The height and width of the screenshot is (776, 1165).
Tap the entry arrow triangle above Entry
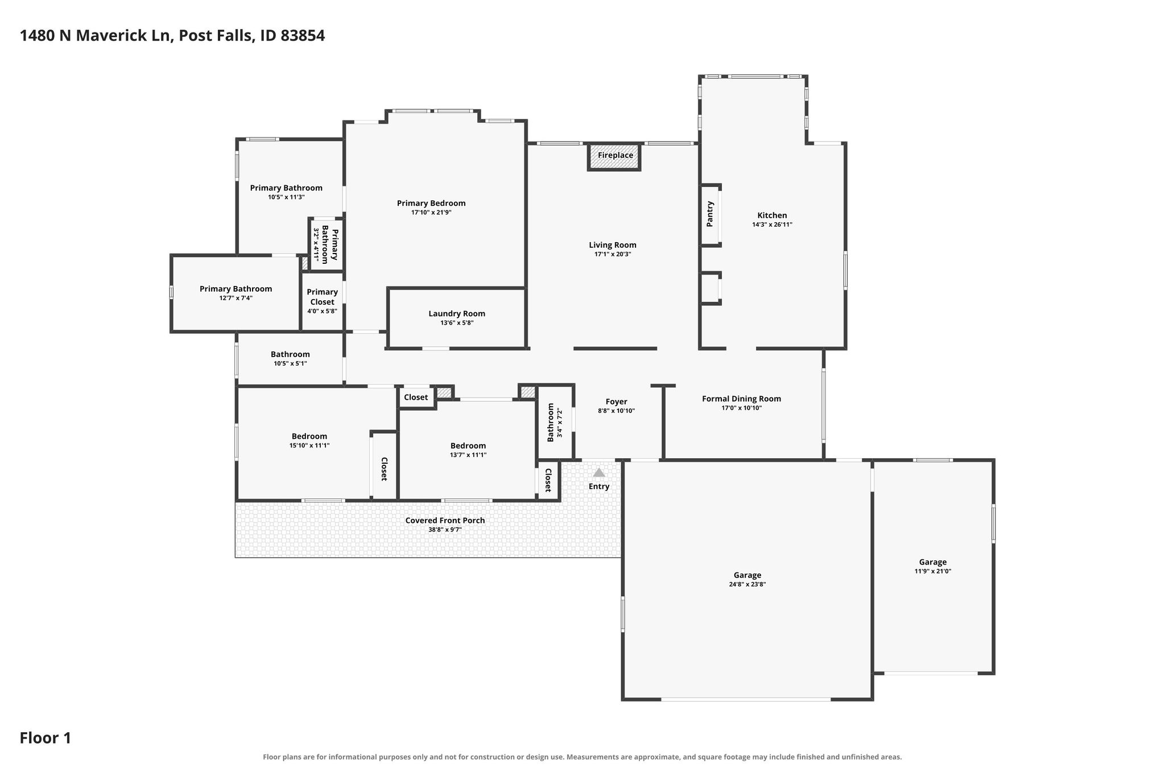[599, 472]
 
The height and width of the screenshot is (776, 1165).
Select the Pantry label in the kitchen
[710, 214]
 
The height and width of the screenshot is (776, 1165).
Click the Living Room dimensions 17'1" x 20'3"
[613, 254]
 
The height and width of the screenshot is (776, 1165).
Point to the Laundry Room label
[457, 313]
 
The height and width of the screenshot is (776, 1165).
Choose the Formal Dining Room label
[741, 399]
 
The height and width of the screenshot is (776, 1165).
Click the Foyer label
[616, 402]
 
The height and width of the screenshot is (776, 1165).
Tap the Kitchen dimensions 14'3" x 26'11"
[772, 225]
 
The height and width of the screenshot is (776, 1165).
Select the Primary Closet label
[323, 297]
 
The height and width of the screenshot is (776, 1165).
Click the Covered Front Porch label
[445, 520]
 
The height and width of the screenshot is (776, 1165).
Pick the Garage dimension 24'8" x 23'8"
[747, 584]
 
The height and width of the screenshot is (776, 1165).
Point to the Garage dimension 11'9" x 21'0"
[933, 571]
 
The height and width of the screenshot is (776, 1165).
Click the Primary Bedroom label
[431, 203]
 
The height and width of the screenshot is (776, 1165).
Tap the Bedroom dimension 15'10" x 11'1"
[309, 446]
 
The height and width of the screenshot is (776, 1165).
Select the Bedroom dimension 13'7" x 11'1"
[468, 455]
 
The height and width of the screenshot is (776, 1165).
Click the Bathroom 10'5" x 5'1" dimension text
[290, 363]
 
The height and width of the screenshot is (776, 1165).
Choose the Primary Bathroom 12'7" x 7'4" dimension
[236, 298]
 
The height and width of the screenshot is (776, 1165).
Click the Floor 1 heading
[46, 738]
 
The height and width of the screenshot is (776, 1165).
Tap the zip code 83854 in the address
[303, 36]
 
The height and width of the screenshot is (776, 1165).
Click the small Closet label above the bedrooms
[416, 397]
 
